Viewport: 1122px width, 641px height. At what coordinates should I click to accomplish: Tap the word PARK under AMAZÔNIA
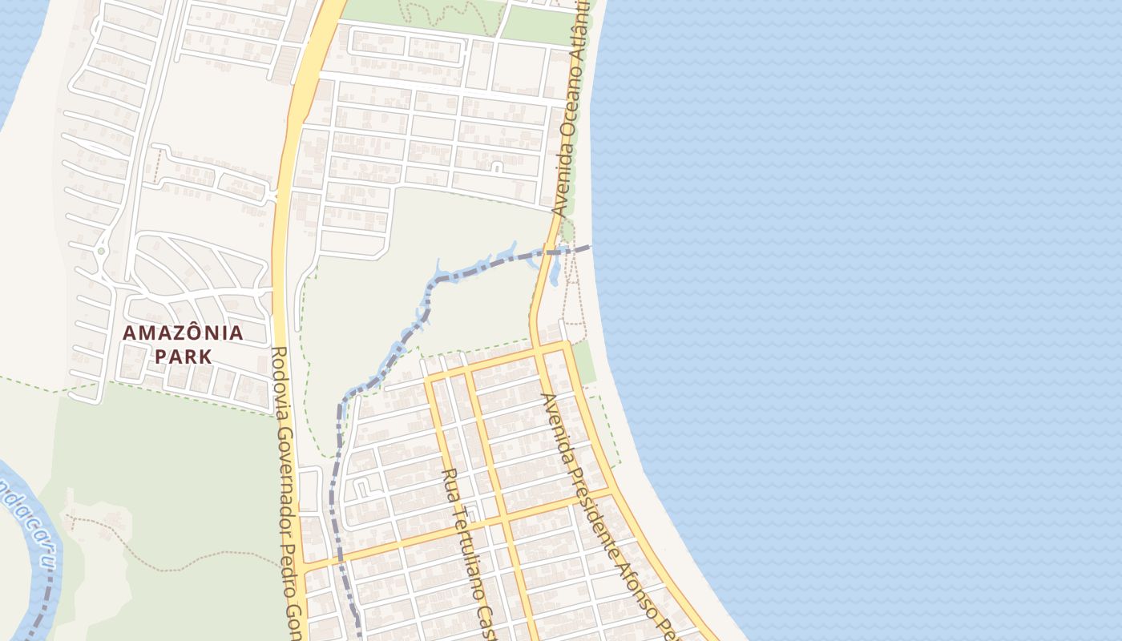[183, 357]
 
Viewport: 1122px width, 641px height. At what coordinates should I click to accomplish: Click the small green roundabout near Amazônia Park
[101, 251]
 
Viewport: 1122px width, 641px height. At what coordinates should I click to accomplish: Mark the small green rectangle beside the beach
[584, 362]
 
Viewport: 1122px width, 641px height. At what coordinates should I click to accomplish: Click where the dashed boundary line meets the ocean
[591, 247]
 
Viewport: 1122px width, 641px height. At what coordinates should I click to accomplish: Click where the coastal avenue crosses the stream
[549, 253]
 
